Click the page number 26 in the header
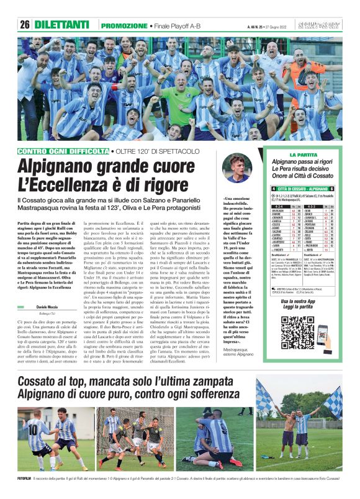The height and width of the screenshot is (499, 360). [x=25, y=25]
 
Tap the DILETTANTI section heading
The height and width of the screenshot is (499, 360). [x=62, y=25]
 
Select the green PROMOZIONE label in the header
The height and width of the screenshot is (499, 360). [x=124, y=25]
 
